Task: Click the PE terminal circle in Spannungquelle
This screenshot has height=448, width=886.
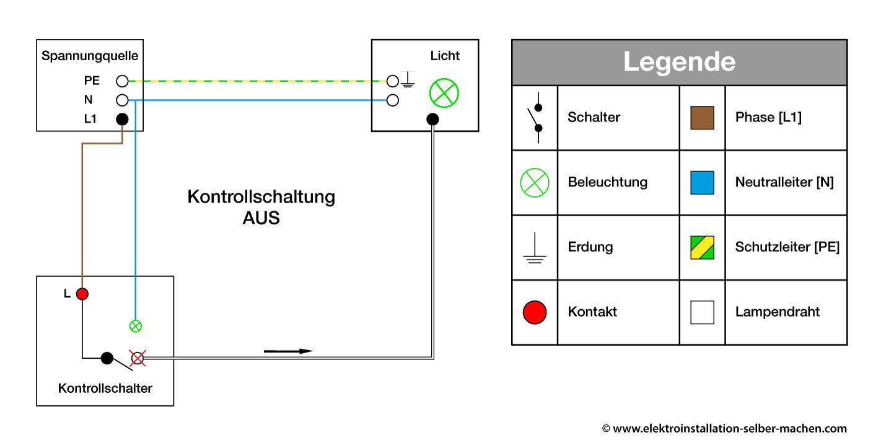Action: click(x=122, y=81)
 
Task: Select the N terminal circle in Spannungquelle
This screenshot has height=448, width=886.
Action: click(x=122, y=100)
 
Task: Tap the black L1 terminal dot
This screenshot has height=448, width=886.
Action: click(x=122, y=119)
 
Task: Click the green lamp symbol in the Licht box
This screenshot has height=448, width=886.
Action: click(x=444, y=93)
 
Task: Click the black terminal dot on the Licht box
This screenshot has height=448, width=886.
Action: click(x=432, y=119)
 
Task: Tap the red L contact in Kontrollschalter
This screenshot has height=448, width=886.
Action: click(x=82, y=294)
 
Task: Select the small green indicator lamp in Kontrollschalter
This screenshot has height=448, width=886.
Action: click(x=135, y=325)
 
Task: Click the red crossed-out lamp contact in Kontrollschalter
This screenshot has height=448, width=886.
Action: click(x=138, y=358)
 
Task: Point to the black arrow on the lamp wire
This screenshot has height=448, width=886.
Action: click(x=289, y=351)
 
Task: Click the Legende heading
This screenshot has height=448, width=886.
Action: click(x=679, y=62)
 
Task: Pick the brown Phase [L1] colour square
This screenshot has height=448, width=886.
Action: click(x=702, y=118)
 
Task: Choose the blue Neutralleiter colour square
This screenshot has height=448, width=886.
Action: click(x=702, y=183)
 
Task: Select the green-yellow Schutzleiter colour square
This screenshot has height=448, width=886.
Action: click(x=702, y=247)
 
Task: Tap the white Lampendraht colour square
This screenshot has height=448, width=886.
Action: click(x=702, y=312)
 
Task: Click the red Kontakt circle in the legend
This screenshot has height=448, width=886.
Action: click(x=535, y=312)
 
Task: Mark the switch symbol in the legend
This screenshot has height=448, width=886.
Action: click(x=535, y=118)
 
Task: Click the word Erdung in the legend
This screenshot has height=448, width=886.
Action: click(x=590, y=247)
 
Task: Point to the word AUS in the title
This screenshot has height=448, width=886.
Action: click(x=261, y=218)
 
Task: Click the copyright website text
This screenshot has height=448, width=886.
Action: click(x=724, y=428)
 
